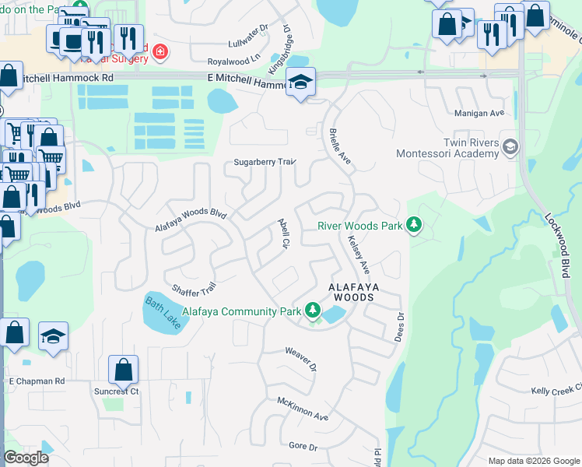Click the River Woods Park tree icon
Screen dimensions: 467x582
click(414, 226)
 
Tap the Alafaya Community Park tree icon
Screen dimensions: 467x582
click(313, 311)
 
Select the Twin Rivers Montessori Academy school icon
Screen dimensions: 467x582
click(510, 146)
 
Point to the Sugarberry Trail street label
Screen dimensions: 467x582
click(265, 163)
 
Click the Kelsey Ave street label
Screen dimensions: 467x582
click(359, 255)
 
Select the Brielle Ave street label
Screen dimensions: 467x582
click(340, 146)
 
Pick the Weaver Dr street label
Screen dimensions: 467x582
click(302, 359)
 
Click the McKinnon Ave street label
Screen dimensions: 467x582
click(303, 408)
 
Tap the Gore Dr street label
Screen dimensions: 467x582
click(303, 447)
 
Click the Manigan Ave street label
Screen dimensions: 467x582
click(479, 113)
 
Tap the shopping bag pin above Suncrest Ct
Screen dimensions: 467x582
click(124, 370)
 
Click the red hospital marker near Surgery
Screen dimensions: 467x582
click(160, 51)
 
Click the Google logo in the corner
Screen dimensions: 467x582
click(26, 458)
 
